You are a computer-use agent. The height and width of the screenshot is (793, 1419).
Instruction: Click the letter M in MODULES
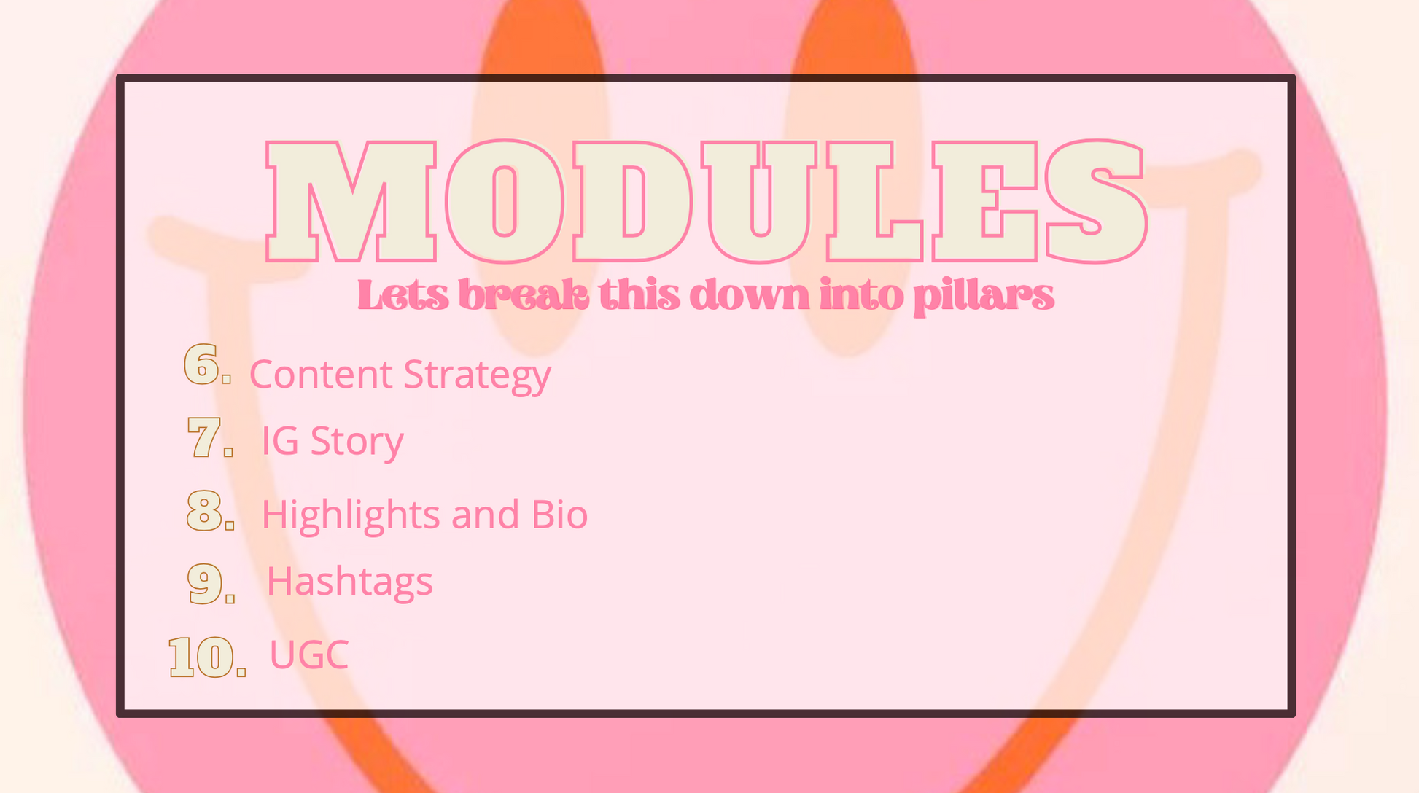coord(351,201)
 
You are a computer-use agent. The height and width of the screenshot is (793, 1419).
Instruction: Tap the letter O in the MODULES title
coord(505,201)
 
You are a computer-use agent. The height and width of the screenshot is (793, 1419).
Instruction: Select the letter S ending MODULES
coord(1096,201)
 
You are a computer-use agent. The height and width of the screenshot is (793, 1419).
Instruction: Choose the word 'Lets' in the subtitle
coord(403,296)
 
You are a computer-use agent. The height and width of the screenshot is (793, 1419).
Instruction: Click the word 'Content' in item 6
coord(321,374)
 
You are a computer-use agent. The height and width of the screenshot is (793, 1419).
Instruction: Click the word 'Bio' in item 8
coord(559,514)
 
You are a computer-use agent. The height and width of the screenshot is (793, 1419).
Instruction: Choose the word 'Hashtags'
coord(350,582)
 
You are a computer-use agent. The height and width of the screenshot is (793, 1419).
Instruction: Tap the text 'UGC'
coord(309,655)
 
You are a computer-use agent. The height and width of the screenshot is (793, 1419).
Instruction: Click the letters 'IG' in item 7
coord(280,440)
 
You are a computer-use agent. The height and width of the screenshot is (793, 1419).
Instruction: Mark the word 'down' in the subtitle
coord(750,296)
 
